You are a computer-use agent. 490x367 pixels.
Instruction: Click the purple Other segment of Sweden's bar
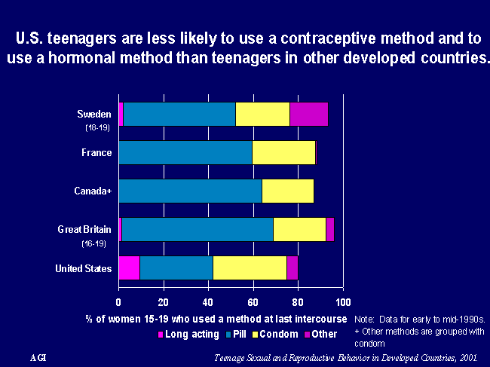point(309,114)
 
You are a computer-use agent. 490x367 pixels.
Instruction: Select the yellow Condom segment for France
point(283,152)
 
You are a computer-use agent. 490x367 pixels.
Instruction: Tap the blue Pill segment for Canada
point(190,191)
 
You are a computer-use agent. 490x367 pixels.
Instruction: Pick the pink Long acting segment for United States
point(130,268)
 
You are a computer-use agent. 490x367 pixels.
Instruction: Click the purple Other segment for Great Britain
point(330,229)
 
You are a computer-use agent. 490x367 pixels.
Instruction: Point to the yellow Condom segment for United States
point(250,268)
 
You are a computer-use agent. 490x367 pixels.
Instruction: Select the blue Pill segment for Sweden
point(179,114)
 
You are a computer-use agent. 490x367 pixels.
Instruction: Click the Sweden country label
point(94,114)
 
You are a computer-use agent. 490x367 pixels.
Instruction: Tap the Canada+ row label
point(93,191)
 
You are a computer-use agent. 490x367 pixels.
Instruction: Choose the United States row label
point(84,268)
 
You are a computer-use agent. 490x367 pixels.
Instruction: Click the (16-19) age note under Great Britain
point(93,243)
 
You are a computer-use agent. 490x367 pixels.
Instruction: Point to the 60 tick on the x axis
point(253,302)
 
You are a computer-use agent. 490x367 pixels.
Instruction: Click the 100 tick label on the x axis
point(343,302)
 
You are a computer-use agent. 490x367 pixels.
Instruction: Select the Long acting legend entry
point(188,334)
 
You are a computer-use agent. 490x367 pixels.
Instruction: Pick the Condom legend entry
point(275,334)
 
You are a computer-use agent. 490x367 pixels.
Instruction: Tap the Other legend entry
point(320,334)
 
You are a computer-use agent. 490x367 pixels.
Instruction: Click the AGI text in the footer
point(38,358)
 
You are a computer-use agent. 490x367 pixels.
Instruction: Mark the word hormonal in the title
point(82,58)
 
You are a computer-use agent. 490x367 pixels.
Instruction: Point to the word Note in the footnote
point(364,320)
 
